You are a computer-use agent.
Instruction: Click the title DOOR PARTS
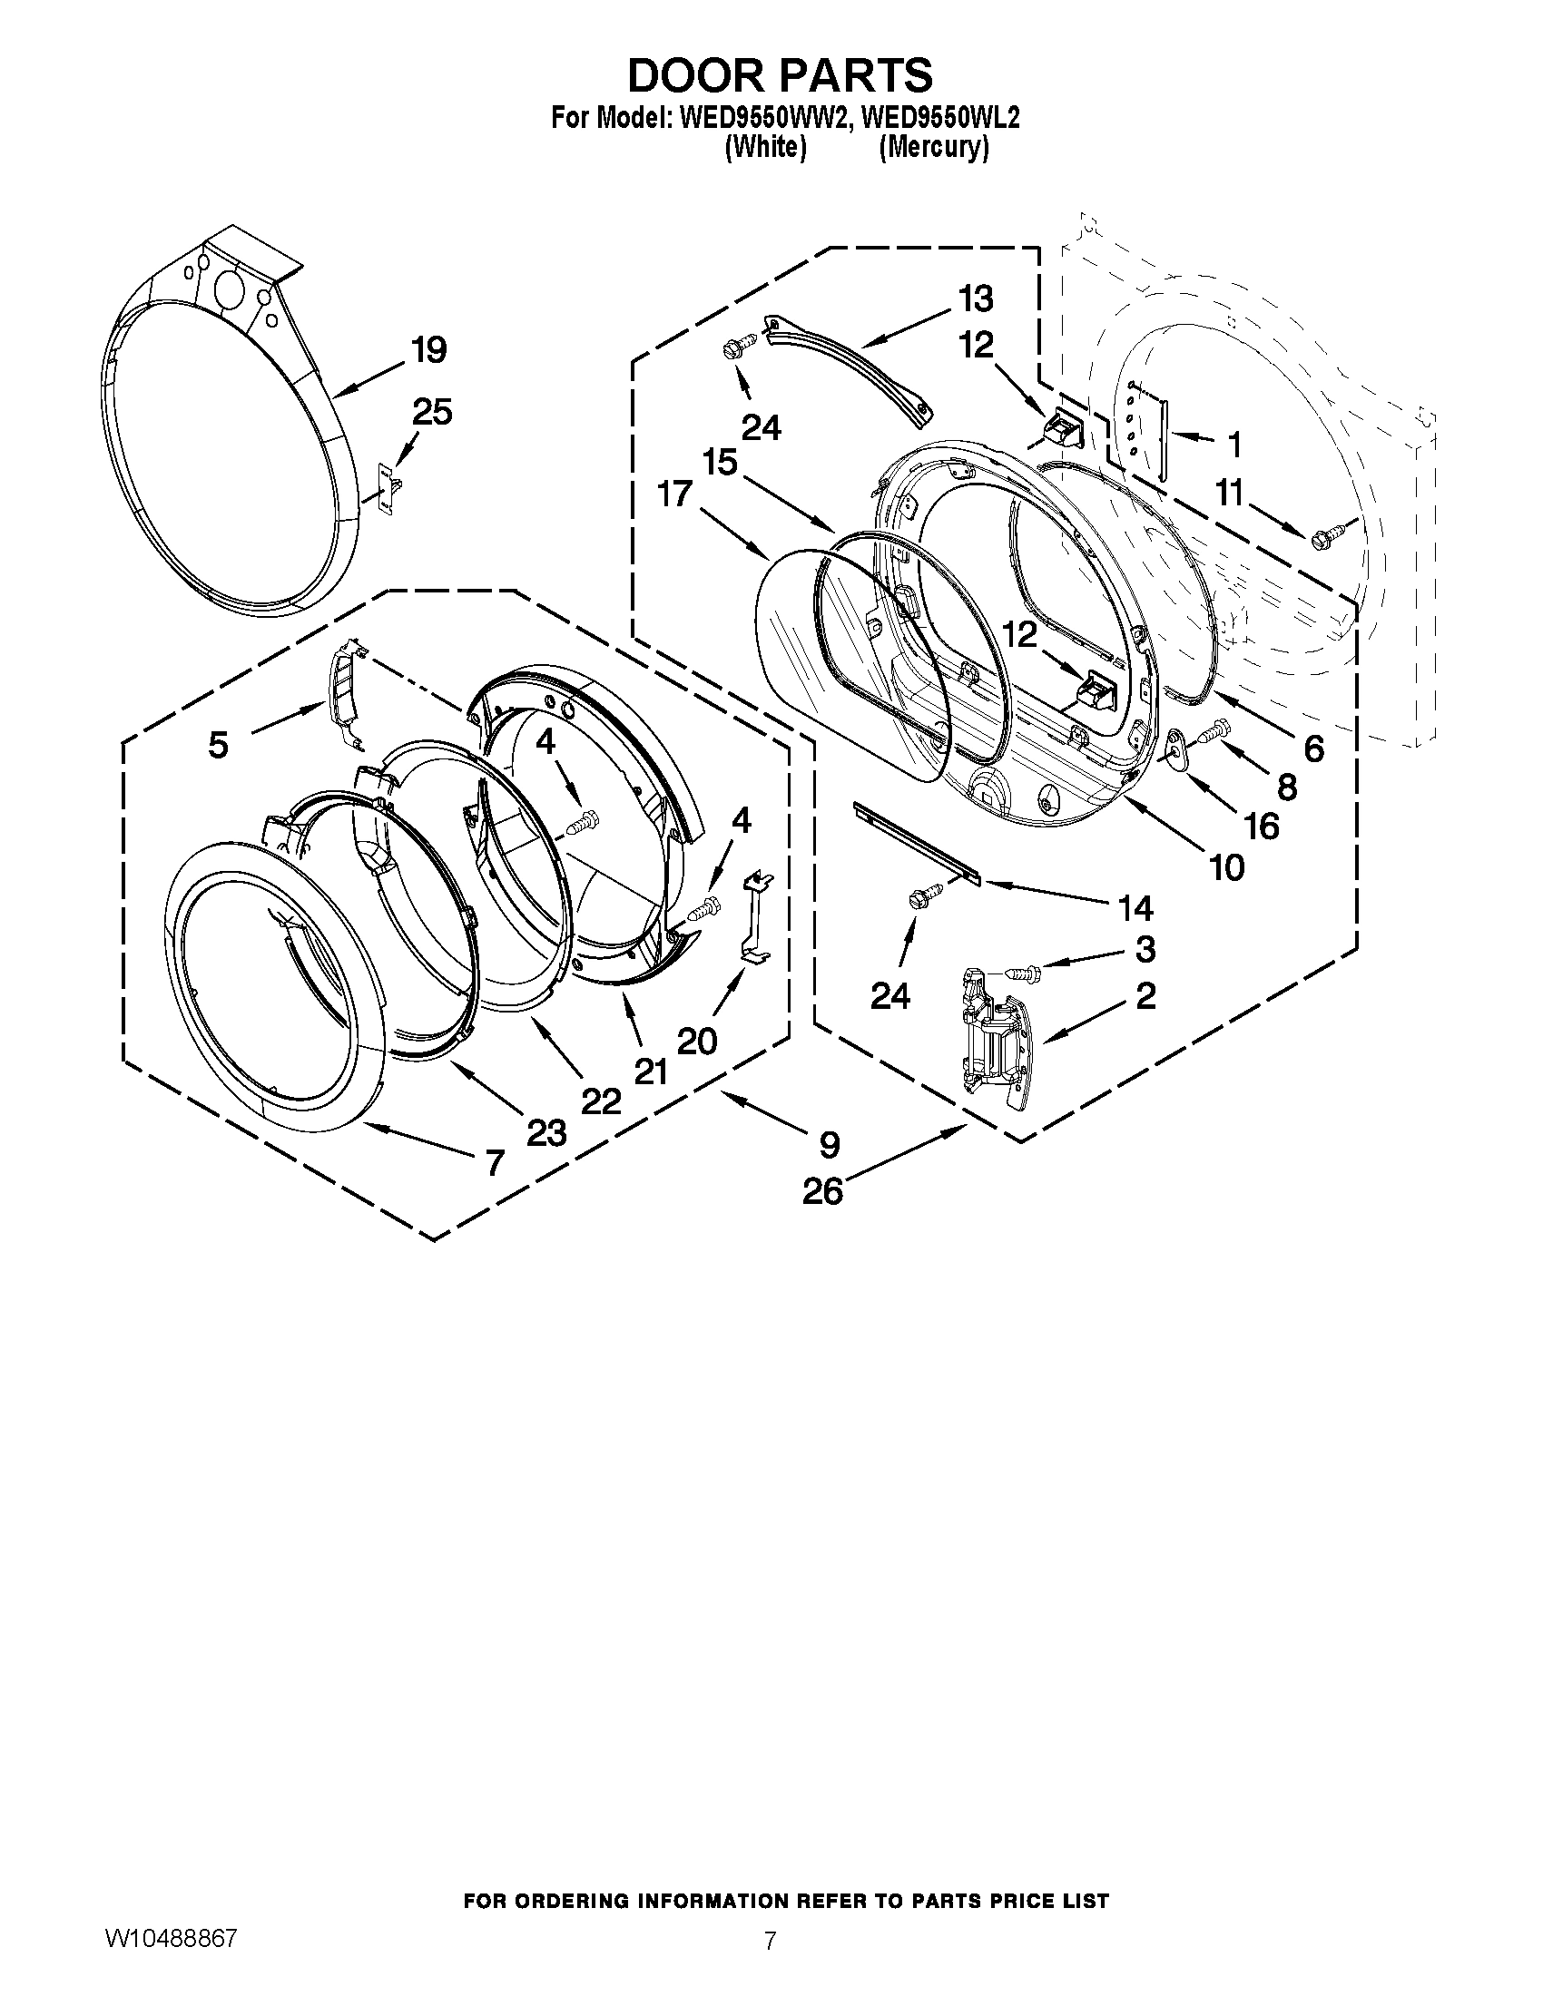780,75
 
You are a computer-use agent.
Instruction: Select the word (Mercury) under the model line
933,148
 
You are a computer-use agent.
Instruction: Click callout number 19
428,350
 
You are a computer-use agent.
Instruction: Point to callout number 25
431,412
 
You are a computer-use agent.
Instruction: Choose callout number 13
976,298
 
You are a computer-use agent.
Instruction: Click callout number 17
674,494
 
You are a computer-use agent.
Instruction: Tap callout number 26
821,1191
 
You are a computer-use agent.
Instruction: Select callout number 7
494,1162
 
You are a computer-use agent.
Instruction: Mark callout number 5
218,745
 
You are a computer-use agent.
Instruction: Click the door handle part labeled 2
995,1035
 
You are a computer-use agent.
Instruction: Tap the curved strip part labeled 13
847,369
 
